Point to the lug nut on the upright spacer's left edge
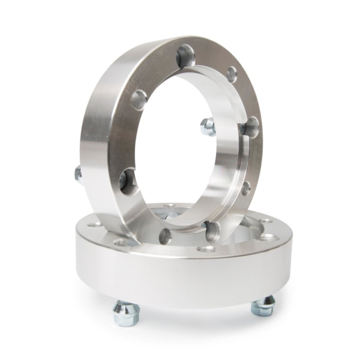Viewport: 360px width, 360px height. [x=78, y=174]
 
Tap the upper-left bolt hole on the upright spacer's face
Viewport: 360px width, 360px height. [x=139, y=98]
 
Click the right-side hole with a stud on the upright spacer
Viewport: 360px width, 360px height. [x=251, y=127]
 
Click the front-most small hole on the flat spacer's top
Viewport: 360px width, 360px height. [x=207, y=248]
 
